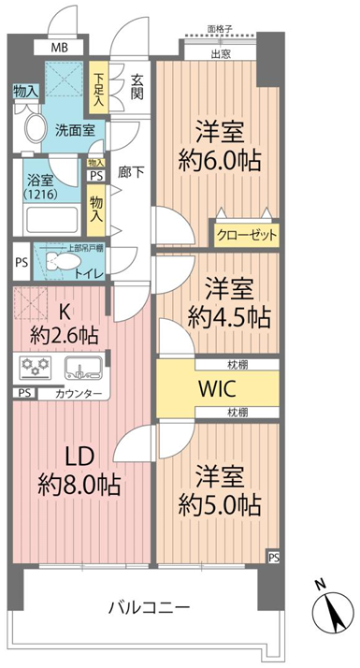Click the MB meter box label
click(x=59, y=48)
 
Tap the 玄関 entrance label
click(x=137, y=87)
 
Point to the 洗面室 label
click(x=75, y=130)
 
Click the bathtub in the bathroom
click(x=52, y=220)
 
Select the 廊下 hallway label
click(x=130, y=172)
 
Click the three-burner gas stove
click(x=35, y=367)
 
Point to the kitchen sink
click(x=82, y=367)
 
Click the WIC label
click(x=218, y=388)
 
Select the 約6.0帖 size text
click(x=220, y=161)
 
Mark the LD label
click(x=79, y=458)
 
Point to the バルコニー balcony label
click(x=148, y=606)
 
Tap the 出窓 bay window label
click(x=221, y=54)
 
